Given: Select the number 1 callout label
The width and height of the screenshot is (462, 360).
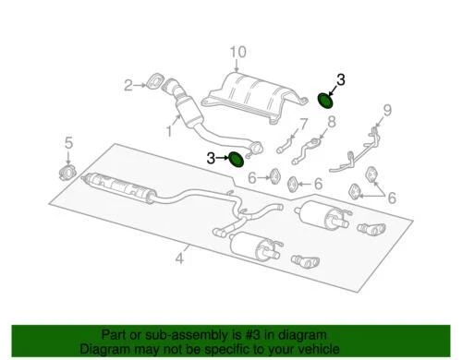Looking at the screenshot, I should click(x=168, y=132).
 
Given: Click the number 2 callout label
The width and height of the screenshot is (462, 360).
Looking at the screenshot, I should click(x=129, y=87).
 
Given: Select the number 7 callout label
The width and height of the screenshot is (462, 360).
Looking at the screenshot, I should click(x=302, y=126).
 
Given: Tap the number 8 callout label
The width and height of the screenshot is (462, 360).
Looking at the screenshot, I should click(x=331, y=121).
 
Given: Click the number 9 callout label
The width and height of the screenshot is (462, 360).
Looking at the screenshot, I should click(x=387, y=110).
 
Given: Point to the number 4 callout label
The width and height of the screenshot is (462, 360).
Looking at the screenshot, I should click(x=180, y=261).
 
